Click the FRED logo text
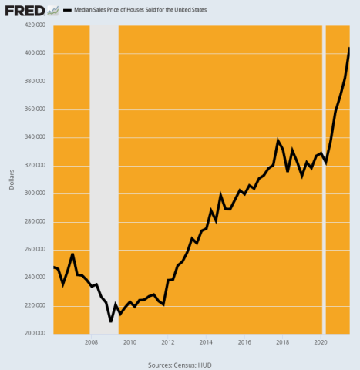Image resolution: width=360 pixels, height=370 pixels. coord(22,11)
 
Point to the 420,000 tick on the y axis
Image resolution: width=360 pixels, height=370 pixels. coord(35,25)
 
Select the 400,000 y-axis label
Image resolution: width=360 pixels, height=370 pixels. coord(35,53)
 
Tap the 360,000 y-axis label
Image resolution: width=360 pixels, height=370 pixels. coord(35,109)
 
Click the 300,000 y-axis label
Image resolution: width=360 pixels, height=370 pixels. coord(35,193)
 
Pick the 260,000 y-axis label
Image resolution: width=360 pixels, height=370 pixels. coord(35,250)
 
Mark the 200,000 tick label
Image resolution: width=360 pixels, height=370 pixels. coord(35,334)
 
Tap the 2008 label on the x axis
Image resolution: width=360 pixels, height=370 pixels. coord(91,341)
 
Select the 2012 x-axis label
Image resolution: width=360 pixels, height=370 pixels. coord(167,341)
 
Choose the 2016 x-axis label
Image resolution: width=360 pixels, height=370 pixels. coord(244,341)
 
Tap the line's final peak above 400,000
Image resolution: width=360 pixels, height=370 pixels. coord(349,49)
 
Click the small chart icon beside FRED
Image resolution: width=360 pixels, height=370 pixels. coord(52,11)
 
